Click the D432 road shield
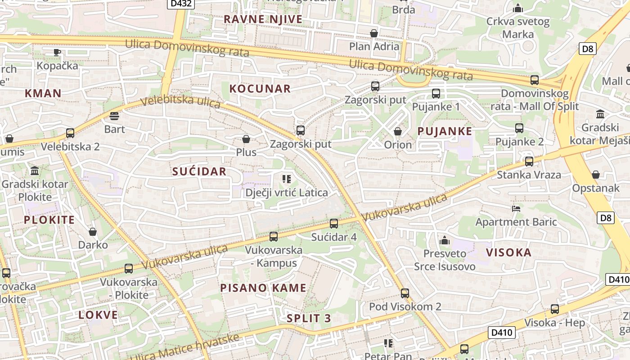181,4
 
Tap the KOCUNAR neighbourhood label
260,89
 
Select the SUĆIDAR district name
199,171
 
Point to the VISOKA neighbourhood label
509,252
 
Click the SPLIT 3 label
309,319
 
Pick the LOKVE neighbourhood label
98,315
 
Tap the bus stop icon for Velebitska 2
70,133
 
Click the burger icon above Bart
114,116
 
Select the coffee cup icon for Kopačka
57,52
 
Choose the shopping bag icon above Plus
246,139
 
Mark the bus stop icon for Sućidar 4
334,224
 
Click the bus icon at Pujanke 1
436,94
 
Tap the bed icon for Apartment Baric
516,209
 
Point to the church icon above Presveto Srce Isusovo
445,240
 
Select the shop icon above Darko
93,232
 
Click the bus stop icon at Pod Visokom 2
405,293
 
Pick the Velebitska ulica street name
180,101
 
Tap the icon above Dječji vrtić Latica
287,179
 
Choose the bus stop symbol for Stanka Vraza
529,162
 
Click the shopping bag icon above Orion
398,131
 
